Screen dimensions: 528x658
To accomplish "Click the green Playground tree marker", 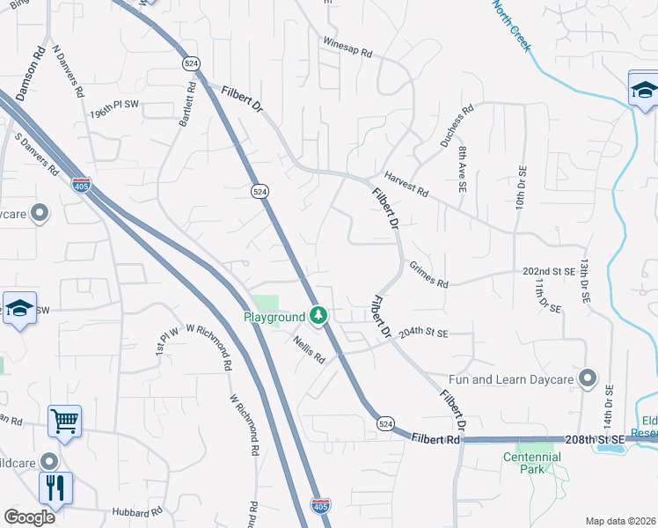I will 318,315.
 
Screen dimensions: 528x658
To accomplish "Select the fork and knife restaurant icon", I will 55,487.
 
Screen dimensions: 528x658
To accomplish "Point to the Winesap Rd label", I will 347,48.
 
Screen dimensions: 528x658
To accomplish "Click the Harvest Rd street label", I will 406,186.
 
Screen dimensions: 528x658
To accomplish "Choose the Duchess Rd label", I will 457,124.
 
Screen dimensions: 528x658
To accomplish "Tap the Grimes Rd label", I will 429,279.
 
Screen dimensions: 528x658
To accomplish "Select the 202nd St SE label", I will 548,272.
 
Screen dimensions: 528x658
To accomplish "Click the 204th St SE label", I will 423,334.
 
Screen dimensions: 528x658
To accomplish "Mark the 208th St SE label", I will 603,438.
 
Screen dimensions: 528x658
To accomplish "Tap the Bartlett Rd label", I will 186,105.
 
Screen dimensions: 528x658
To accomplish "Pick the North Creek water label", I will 512,26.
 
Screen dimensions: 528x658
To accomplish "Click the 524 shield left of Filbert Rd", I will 384,424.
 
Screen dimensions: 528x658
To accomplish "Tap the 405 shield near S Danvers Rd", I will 80,185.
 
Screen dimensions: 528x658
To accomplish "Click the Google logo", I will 29,517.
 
